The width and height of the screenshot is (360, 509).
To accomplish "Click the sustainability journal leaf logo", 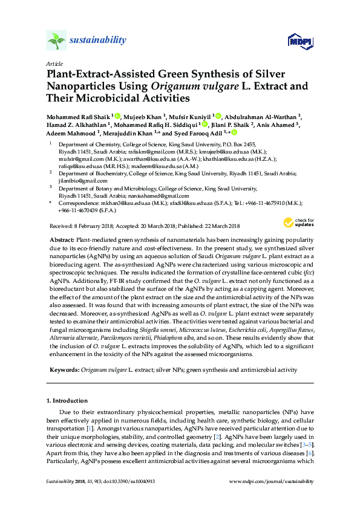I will click(x=56, y=42).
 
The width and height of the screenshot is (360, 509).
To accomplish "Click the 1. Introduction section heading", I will click(x=67, y=400).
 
